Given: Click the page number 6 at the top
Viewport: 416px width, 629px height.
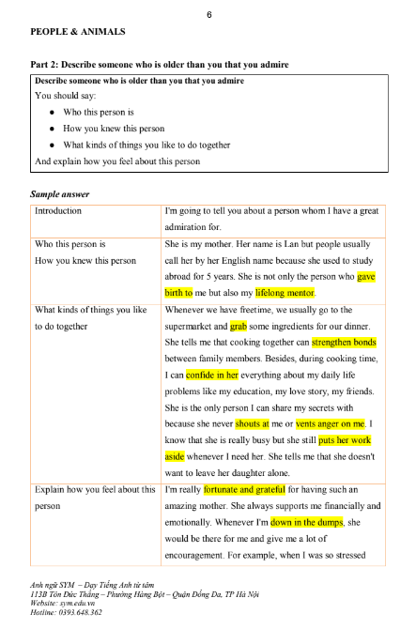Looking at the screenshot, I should [x=208, y=14].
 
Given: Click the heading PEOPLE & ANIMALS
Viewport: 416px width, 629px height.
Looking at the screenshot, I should [x=78, y=32].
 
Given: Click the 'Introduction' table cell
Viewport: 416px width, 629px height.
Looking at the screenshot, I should [x=58, y=212].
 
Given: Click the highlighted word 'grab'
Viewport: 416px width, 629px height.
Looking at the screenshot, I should [x=238, y=327].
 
